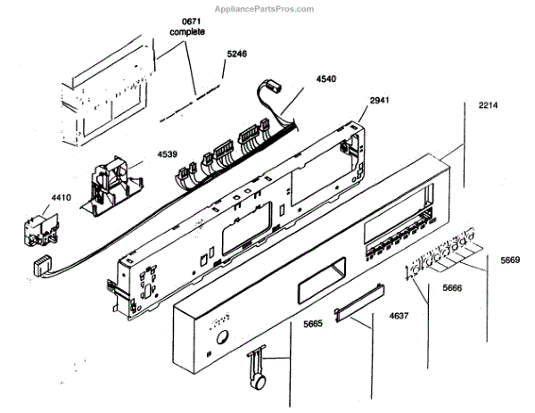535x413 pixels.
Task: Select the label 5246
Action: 236,54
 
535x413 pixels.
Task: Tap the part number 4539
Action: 167,153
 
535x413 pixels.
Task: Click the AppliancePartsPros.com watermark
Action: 267,9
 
